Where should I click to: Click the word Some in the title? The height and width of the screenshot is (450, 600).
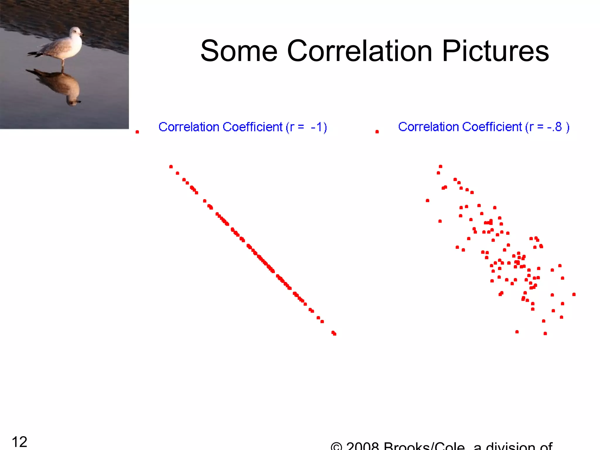pos(239,51)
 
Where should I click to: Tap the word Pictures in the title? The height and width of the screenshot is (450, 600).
pos(495,51)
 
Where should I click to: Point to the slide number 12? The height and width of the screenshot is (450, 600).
pos(19,442)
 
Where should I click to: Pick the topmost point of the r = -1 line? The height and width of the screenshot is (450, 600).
pos(171,167)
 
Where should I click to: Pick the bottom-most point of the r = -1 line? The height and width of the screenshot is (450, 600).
pos(335,334)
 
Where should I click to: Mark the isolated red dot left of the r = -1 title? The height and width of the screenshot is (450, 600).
pos(137,132)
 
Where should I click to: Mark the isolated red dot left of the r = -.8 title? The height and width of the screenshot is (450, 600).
pos(377,132)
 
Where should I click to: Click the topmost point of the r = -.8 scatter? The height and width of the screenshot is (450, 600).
pos(440,166)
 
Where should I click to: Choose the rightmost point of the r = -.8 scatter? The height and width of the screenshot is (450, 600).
pos(574,294)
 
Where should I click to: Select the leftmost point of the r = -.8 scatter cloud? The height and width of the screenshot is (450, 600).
pos(427,201)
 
